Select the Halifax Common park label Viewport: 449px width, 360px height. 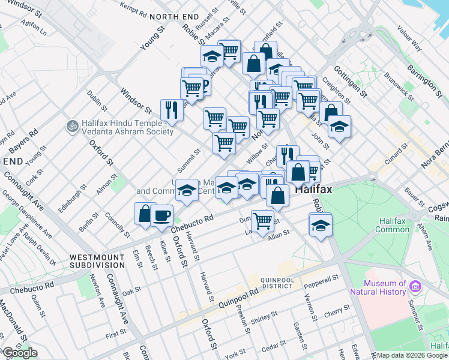(x=393, y=224)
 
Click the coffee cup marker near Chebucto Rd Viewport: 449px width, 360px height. (x=162, y=215)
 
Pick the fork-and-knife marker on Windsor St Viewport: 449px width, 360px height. (x=172, y=110)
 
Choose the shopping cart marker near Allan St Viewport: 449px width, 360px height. (x=262, y=221)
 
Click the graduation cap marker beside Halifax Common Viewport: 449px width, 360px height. (x=321, y=226)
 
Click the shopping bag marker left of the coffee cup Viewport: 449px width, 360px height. (x=145, y=214)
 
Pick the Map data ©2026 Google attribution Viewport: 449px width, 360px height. (x=411, y=355)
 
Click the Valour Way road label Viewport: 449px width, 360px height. (x=409, y=38)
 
